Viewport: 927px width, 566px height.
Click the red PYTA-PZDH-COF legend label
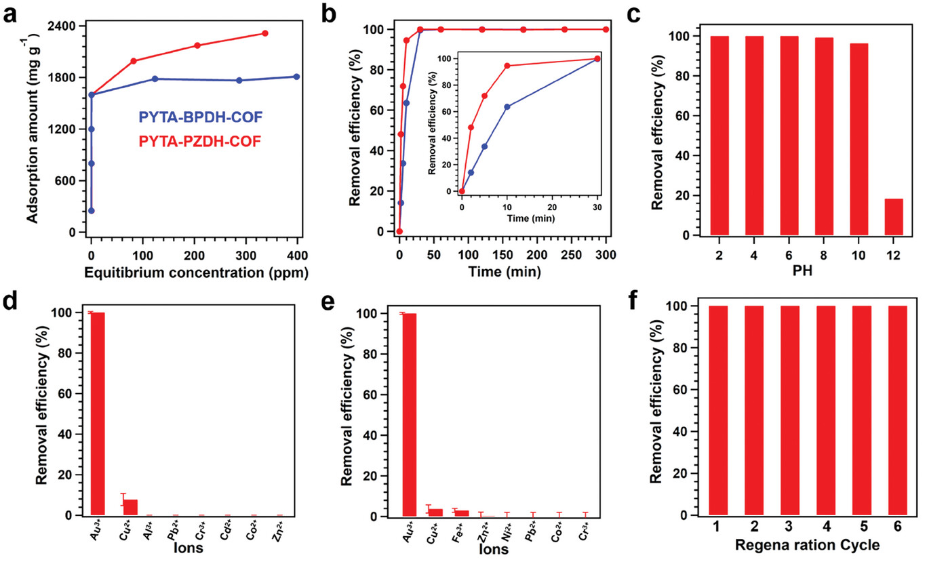point(200,142)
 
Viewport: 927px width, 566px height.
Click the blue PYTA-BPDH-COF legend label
point(200,118)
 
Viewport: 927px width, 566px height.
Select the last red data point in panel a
point(265,33)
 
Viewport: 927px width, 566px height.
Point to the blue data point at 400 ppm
point(297,77)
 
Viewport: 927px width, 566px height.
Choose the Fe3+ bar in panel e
point(461,512)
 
